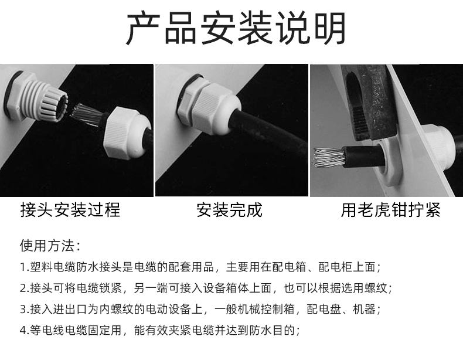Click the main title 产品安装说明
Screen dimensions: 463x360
coord(236,28)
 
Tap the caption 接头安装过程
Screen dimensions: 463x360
coord(70,210)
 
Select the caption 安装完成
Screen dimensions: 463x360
coord(229,210)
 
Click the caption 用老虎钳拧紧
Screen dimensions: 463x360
coord(390,210)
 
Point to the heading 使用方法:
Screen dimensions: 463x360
coord(50,246)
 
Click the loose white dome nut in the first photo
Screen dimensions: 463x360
coord(127,133)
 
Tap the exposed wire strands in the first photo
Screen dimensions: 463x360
coord(86,115)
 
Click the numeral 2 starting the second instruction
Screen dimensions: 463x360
coord(23,288)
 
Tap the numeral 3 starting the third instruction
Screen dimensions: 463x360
coord(23,309)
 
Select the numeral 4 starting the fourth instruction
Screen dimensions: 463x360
coord(23,330)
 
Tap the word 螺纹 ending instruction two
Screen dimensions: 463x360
coord(376,288)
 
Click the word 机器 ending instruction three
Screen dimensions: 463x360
coord(364,309)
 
